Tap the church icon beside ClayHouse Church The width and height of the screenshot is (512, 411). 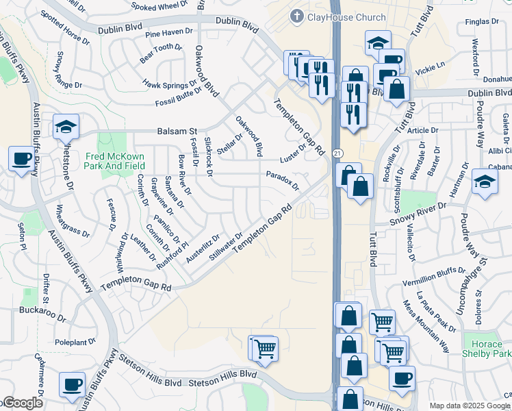pos(296,16)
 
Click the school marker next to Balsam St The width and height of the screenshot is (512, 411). pos(66,126)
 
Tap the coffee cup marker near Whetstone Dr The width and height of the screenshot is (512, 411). pos(21,160)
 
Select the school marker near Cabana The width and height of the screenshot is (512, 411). pos(485,182)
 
